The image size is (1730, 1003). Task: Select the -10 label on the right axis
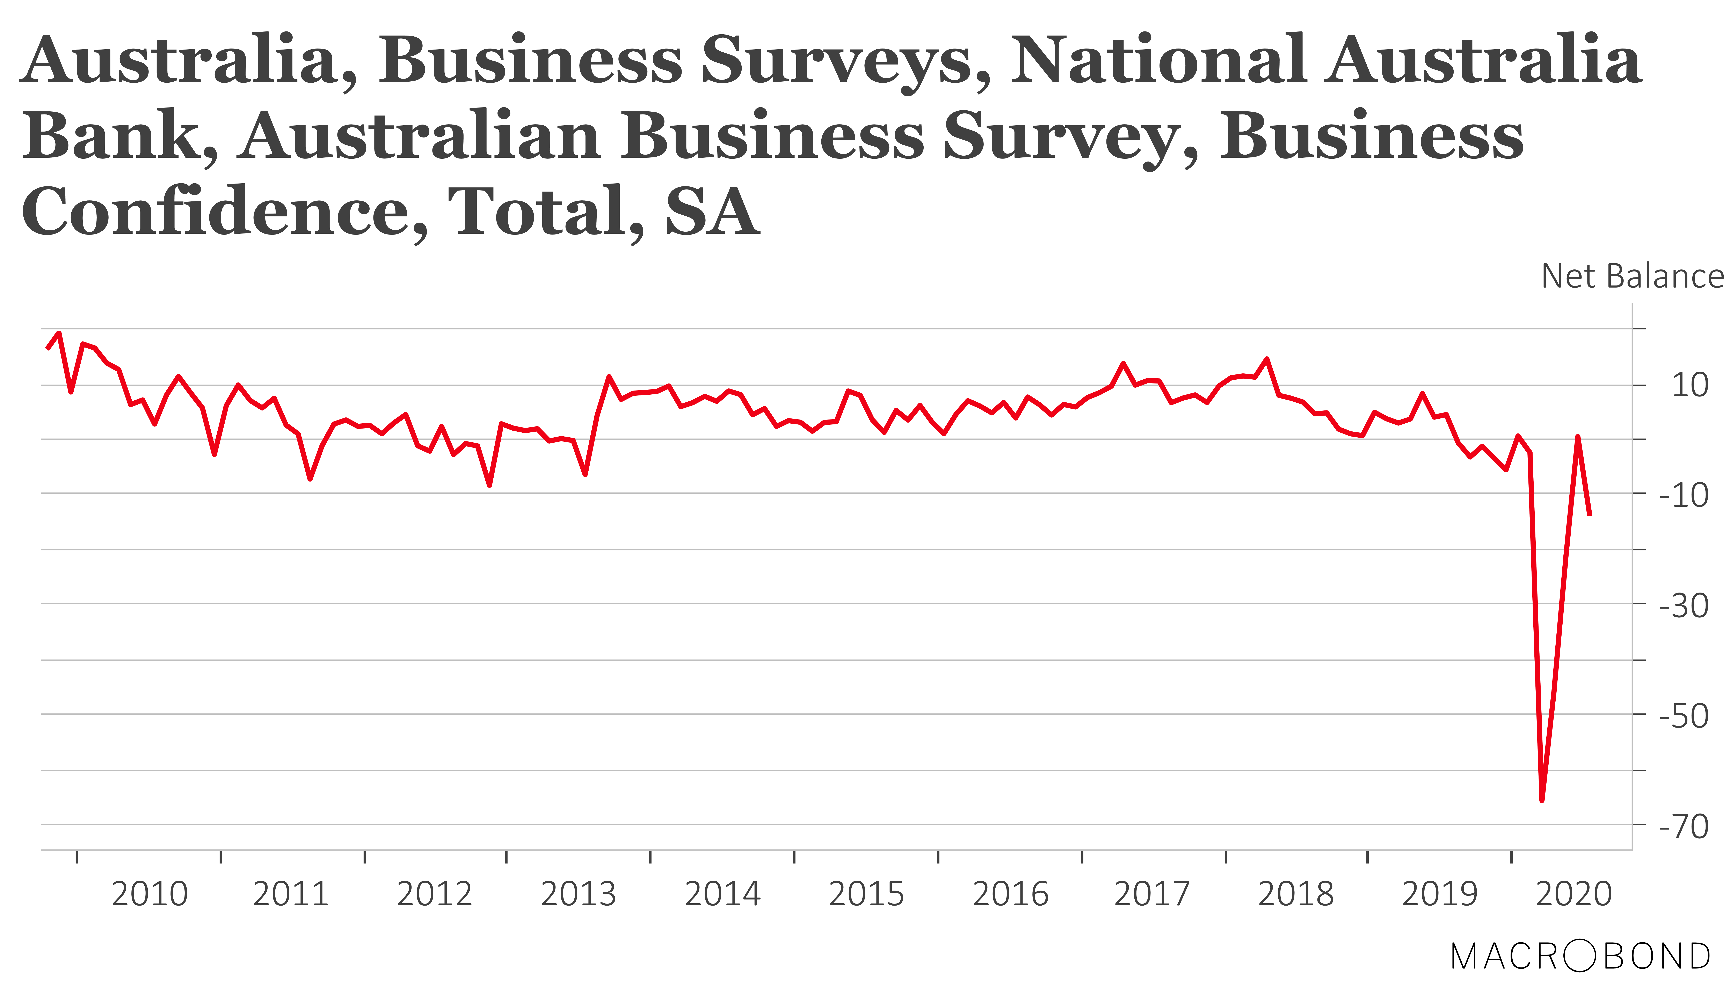(x=1683, y=495)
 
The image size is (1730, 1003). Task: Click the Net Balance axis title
(x=1632, y=276)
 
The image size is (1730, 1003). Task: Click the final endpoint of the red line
(x=1590, y=514)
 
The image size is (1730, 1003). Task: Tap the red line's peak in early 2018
(x=1267, y=359)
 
